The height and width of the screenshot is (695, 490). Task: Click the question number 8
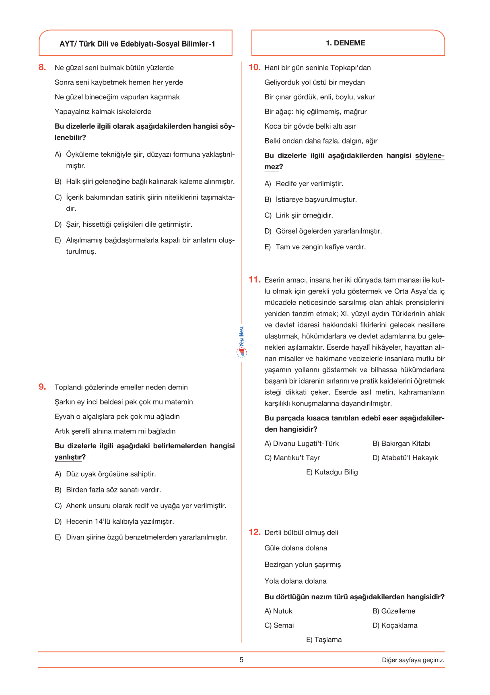(x=42, y=68)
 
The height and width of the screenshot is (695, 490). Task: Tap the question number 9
(x=42, y=387)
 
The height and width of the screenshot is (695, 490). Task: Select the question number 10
(x=255, y=68)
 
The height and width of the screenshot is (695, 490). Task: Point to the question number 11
(x=255, y=280)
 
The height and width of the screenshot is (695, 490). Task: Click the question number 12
(x=255, y=532)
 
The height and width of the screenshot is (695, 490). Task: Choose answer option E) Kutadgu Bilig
(x=332, y=472)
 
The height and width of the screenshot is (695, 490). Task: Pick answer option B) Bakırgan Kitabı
(x=401, y=444)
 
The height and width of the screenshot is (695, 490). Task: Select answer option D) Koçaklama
(x=395, y=625)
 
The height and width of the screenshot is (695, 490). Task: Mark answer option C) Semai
(x=279, y=625)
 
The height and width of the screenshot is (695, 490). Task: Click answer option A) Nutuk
(x=278, y=611)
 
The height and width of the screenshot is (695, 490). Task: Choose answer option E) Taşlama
(x=324, y=640)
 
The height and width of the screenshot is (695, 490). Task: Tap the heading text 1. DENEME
(x=346, y=43)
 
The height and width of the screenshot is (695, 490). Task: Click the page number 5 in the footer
(x=241, y=660)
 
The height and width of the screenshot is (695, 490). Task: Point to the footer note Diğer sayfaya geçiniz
(x=413, y=660)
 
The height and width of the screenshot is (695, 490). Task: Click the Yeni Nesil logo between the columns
(x=241, y=342)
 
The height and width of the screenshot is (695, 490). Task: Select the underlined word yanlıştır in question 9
(x=68, y=457)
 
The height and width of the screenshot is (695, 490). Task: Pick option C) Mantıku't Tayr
(x=292, y=458)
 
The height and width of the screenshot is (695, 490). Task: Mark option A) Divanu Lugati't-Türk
(x=301, y=444)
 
